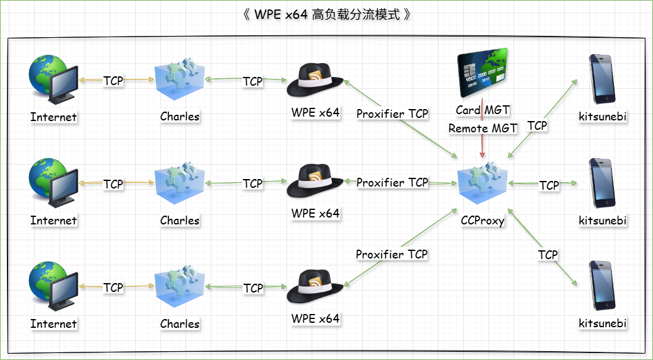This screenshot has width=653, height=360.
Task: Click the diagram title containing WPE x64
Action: tap(326, 15)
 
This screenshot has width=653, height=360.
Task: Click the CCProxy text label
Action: tap(482, 220)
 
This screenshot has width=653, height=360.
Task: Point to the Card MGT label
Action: tap(482, 110)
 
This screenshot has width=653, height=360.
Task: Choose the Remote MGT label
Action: tap(482, 128)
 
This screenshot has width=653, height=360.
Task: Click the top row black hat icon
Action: tap(315, 80)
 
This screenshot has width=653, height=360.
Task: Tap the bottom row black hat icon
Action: tap(315, 287)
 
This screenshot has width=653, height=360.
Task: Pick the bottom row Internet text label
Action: tap(53, 323)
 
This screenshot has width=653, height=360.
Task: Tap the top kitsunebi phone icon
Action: tap(602, 79)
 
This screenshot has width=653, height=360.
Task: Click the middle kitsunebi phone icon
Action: tap(602, 183)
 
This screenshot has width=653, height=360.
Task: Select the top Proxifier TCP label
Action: tap(392, 113)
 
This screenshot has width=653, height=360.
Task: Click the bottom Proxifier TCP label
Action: tap(391, 254)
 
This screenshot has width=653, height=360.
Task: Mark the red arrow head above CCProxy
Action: tap(482, 154)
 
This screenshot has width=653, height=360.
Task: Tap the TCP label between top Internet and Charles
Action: tap(114, 80)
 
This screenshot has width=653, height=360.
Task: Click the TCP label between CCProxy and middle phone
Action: tap(549, 185)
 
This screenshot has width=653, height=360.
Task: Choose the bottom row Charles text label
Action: tap(180, 323)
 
